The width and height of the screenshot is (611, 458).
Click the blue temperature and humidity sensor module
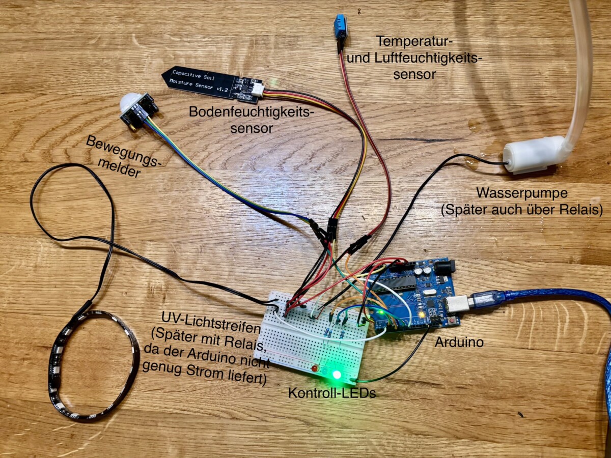pyautogui.click(x=340, y=26)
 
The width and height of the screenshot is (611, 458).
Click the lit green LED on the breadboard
pyautogui.click(x=337, y=375)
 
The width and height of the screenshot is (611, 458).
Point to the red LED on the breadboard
pyautogui.click(x=315, y=369)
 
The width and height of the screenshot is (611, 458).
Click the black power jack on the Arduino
pyautogui.click(x=446, y=268)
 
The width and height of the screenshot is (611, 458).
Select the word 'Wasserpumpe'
pyautogui.click(x=522, y=193)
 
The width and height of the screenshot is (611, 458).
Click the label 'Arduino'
pyautogui.click(x=459, y=342)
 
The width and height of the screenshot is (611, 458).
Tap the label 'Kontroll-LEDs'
pyautogui.click(x=332, y=393)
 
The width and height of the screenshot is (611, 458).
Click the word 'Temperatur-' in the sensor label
pyautogui.click(x=414, y=42)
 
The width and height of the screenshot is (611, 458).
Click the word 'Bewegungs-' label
pyautogui.click(x=123, y=152)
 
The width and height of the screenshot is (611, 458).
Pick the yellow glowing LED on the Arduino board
pyautogui.click(x=422, y=315)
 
